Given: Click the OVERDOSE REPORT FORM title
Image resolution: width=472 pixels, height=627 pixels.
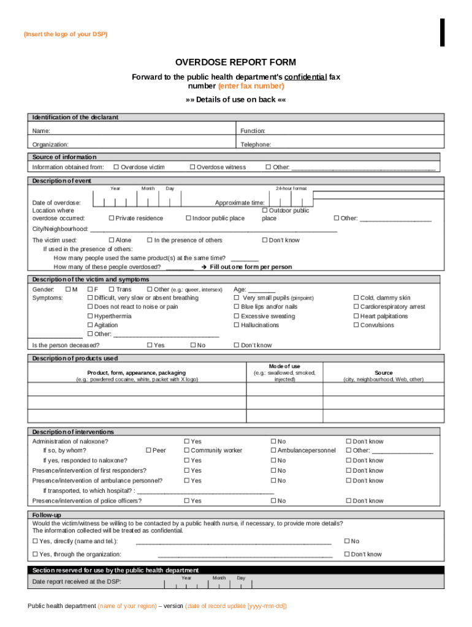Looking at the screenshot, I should (x=235, y=62).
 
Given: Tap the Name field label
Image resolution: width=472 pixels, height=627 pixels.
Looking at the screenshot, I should (x=41, y=131).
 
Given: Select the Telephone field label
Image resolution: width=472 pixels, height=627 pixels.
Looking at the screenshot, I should (x=256, y=145).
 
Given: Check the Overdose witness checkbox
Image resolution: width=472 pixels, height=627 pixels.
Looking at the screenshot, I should (x=192, y=167).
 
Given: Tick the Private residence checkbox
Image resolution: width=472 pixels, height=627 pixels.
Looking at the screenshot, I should (x=111, y=219).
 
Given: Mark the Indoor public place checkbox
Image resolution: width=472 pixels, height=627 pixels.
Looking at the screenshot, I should (x=188, y=219).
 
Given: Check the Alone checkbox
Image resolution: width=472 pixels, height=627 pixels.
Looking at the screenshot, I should (x=111, y=241).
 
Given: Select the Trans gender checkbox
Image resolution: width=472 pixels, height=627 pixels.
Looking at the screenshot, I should (x=111, y=289).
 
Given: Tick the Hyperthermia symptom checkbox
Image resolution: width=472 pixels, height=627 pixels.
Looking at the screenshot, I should (x=90, y=317).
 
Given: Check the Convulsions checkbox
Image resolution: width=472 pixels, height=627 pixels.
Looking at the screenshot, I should (x=356, y=326).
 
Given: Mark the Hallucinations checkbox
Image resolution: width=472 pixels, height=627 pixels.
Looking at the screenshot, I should (x=237, y=326).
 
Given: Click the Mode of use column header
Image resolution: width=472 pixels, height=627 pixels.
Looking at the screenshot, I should (x=284, y=366).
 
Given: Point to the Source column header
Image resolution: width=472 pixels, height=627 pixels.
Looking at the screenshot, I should (x=384, y=373).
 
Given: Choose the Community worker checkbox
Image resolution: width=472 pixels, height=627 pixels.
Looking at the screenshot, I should (x=186, y=451).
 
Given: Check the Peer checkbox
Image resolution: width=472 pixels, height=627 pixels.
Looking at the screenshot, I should (x=148, y=451).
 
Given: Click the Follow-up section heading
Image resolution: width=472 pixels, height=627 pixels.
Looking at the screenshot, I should (x=47, y=516).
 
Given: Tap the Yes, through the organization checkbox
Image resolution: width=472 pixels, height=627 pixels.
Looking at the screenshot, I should (x=34, y=555).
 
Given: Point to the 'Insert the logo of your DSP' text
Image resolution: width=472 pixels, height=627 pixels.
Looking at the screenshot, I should (x=65, y=34).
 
